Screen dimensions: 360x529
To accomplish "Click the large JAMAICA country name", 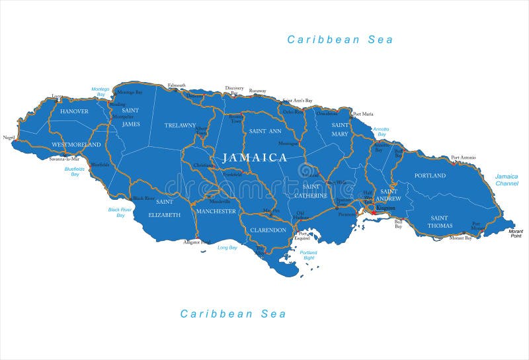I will pos(255,157).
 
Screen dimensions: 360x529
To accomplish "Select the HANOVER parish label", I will pos(74,111).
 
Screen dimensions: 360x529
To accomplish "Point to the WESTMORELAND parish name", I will pos(76,144).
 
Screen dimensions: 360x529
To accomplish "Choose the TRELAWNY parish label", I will pos(181,125).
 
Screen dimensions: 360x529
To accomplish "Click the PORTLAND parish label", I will pos(430,175).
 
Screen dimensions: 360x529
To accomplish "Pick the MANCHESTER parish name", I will pos(216,211).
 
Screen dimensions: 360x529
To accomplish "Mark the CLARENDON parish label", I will pos(268,230).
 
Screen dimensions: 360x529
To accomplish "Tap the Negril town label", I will pos(9,138).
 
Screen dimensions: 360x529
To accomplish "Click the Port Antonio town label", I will pos(464,157).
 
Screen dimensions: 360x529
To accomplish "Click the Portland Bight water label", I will pos(307,255).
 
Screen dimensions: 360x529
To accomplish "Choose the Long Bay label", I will pos(227,247).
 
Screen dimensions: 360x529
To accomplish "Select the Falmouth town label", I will pos(177,85).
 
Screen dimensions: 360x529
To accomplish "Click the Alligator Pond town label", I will pos(196,242).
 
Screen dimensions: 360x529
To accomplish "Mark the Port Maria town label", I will pos(363,114).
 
